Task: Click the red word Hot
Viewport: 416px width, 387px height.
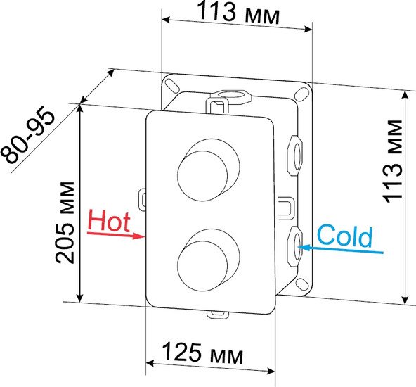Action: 109,221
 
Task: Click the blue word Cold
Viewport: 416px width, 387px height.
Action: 344,236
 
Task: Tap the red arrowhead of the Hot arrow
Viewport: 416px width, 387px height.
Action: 138,236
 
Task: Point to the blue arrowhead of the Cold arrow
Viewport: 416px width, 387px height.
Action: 304,248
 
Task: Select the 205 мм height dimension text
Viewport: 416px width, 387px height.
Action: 65,222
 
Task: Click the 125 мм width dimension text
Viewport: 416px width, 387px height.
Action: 202,353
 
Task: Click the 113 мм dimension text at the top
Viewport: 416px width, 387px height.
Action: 238,13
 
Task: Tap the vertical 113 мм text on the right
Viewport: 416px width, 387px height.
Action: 392,162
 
